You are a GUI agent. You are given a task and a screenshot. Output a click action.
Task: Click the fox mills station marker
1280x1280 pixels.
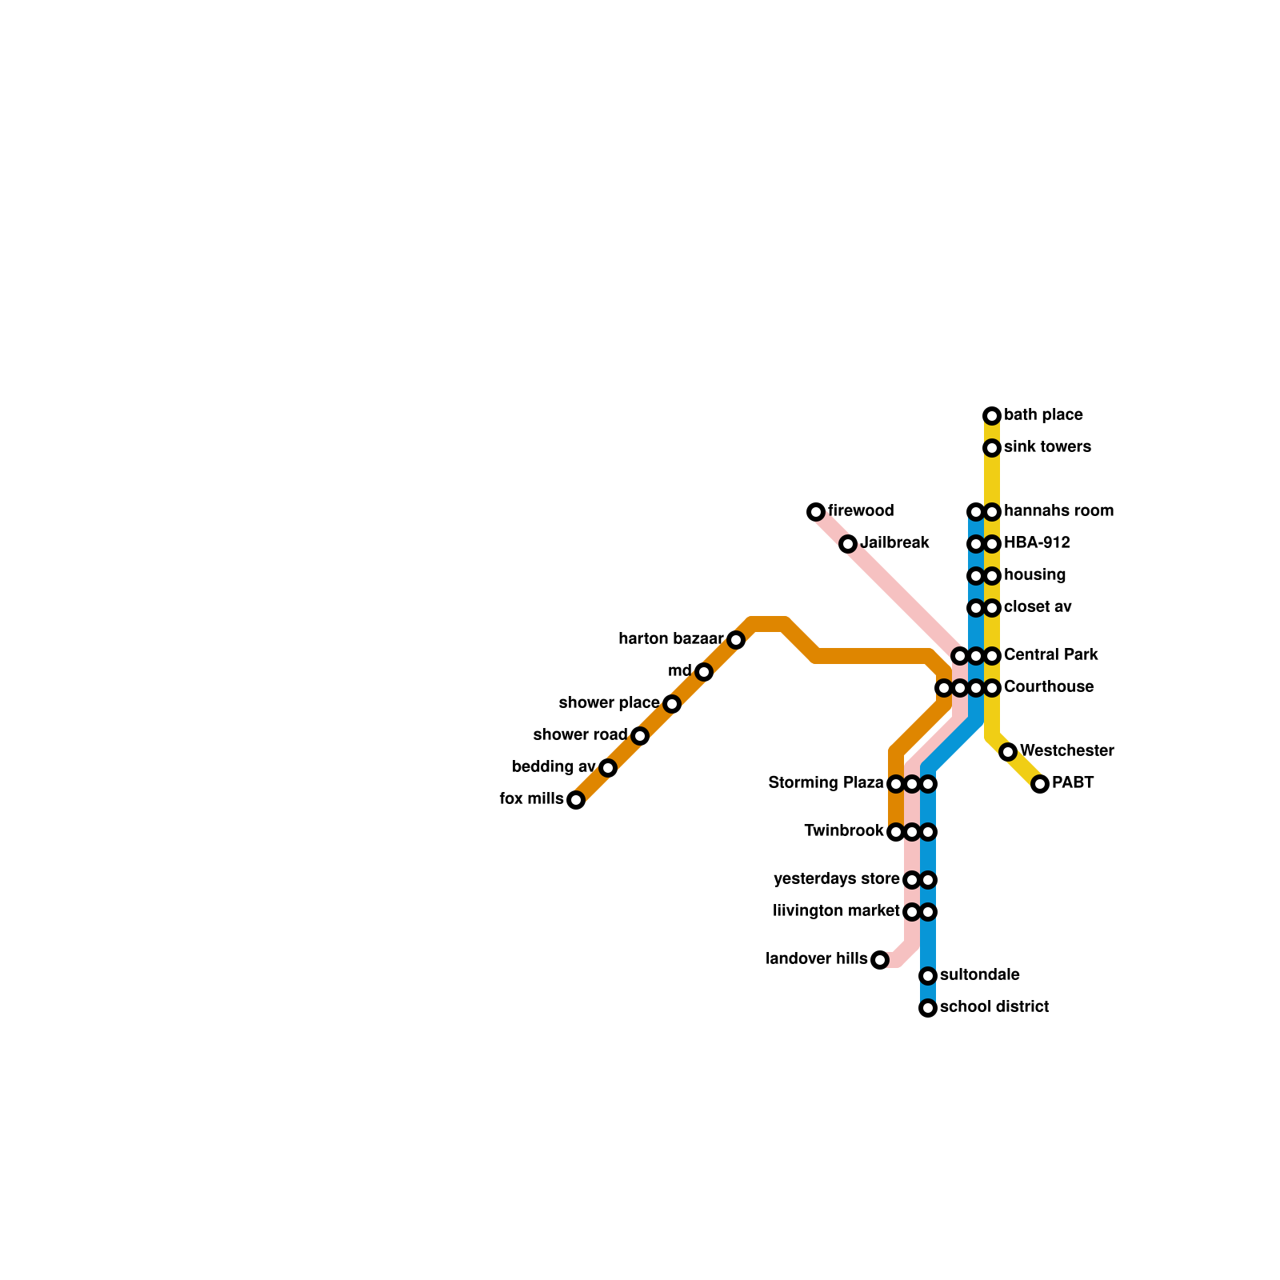coord(576,800)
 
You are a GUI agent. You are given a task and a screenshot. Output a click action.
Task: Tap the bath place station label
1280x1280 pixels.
coord(1043,415)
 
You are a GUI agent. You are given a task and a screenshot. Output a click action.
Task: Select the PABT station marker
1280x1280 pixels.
coord(1040,784)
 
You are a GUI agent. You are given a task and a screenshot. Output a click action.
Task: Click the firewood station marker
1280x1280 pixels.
coord(816,512)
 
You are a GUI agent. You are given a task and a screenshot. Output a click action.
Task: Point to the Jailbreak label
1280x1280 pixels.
coord(894,543)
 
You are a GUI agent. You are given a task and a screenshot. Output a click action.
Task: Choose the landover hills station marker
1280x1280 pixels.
coord(880,960)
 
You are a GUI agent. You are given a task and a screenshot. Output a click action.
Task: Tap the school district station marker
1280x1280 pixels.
coord(928,1008)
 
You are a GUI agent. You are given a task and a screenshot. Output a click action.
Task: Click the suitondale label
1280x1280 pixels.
coord(980,975)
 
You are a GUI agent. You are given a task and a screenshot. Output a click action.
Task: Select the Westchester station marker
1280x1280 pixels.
coord(1008,752)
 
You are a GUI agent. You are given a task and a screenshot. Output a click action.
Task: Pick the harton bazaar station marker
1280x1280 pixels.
coord(736,640)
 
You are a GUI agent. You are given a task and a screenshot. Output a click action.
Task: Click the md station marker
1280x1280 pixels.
coord(704,672)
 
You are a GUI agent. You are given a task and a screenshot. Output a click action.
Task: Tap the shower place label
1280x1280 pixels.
coord(609,703)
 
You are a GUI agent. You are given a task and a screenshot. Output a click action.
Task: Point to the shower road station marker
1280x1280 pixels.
coord(640,736)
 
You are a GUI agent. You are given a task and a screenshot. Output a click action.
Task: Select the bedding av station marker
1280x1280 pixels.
coord(608,768)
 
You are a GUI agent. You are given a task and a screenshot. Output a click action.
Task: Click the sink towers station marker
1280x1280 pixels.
coord(992,448)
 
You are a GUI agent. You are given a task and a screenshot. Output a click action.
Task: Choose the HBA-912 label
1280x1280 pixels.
coord(1037,543)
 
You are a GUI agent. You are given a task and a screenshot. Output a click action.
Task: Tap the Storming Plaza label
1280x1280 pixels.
coord(826,783)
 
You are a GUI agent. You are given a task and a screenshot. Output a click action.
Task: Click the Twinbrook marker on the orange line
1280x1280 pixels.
coord(896,832)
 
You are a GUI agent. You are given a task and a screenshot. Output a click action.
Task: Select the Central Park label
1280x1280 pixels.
coord(1050,655)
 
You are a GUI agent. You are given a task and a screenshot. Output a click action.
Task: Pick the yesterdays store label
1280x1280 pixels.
coord(837,879)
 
